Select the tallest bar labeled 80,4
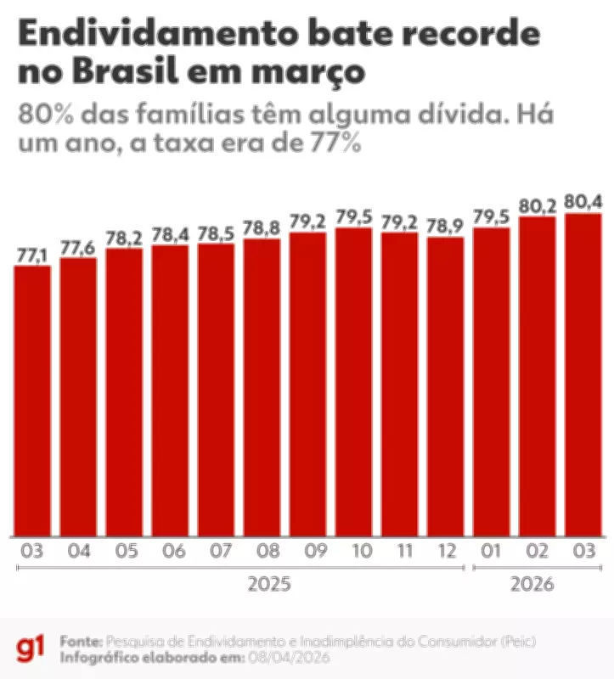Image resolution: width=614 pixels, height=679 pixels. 583,374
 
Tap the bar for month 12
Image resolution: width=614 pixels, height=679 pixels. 445,386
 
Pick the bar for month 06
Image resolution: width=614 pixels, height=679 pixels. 170,390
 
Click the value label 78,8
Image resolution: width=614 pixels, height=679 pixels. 262,228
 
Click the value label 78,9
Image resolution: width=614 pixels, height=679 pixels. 445,227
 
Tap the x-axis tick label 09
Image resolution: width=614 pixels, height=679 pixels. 307,552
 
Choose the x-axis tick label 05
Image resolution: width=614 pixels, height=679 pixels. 124,552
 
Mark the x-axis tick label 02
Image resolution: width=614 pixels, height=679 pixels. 537,552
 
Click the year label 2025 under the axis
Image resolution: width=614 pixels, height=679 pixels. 269,585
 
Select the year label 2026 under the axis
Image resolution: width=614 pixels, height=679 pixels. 532,585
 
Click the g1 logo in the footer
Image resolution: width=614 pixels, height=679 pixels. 31,648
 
